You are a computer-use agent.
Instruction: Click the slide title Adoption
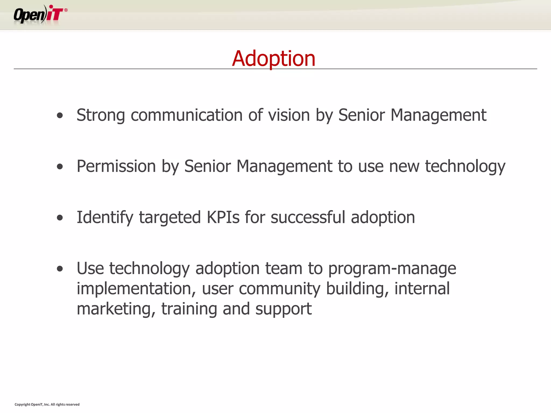point(274,58)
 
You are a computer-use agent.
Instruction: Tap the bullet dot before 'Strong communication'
point(60,116)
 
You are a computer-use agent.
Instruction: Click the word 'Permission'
point(116,166)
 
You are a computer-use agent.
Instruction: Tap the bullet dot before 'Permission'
point(60,167)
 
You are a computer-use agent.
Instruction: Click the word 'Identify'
point(105,217)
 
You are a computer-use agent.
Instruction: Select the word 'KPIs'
point(223,217)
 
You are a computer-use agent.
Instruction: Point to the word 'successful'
point(308,217)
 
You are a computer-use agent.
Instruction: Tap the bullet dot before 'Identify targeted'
point(60,218)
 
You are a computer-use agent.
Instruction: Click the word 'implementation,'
point(136,289)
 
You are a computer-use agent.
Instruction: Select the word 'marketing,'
point(116,309)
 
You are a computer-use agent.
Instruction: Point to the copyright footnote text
point(47,404)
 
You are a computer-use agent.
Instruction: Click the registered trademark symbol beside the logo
point(66,10)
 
